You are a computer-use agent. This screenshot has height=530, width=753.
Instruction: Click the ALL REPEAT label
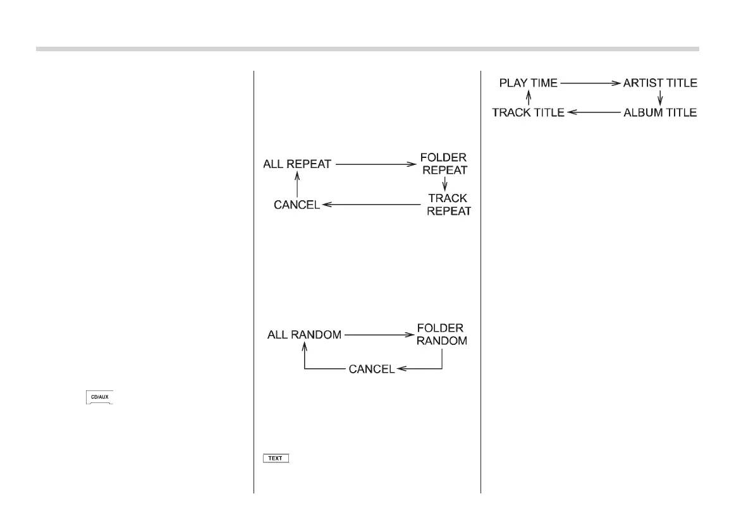297,164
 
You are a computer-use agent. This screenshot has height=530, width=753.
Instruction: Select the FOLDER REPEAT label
444,163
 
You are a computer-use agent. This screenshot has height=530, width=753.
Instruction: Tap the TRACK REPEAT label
448,204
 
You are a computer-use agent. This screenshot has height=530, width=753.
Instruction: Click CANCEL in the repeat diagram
297,205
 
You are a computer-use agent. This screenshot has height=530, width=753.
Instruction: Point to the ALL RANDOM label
304,335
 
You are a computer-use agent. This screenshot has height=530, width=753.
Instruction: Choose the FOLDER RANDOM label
441,335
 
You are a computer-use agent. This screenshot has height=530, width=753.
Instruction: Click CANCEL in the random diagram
372,369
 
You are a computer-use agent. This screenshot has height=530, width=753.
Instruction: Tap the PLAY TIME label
529,83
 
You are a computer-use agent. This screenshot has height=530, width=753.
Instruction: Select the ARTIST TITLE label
660,83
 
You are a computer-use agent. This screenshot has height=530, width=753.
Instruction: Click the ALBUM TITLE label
660,112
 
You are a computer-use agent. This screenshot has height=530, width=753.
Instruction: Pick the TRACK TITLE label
529,112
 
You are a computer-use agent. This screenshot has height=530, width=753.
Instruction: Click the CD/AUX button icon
99,398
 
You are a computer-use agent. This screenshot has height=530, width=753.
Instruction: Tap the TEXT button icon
276,458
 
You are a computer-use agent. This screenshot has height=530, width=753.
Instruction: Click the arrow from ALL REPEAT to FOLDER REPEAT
375,164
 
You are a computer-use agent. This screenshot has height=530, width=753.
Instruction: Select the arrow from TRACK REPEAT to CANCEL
371,205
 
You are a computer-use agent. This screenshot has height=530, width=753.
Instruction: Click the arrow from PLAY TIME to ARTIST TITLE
591,83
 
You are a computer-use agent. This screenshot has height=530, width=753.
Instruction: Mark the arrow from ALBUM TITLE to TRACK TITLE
594,112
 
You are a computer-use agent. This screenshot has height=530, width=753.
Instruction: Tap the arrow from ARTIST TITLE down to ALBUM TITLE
660,97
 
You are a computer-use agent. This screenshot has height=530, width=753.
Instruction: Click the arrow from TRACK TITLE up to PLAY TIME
529,97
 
